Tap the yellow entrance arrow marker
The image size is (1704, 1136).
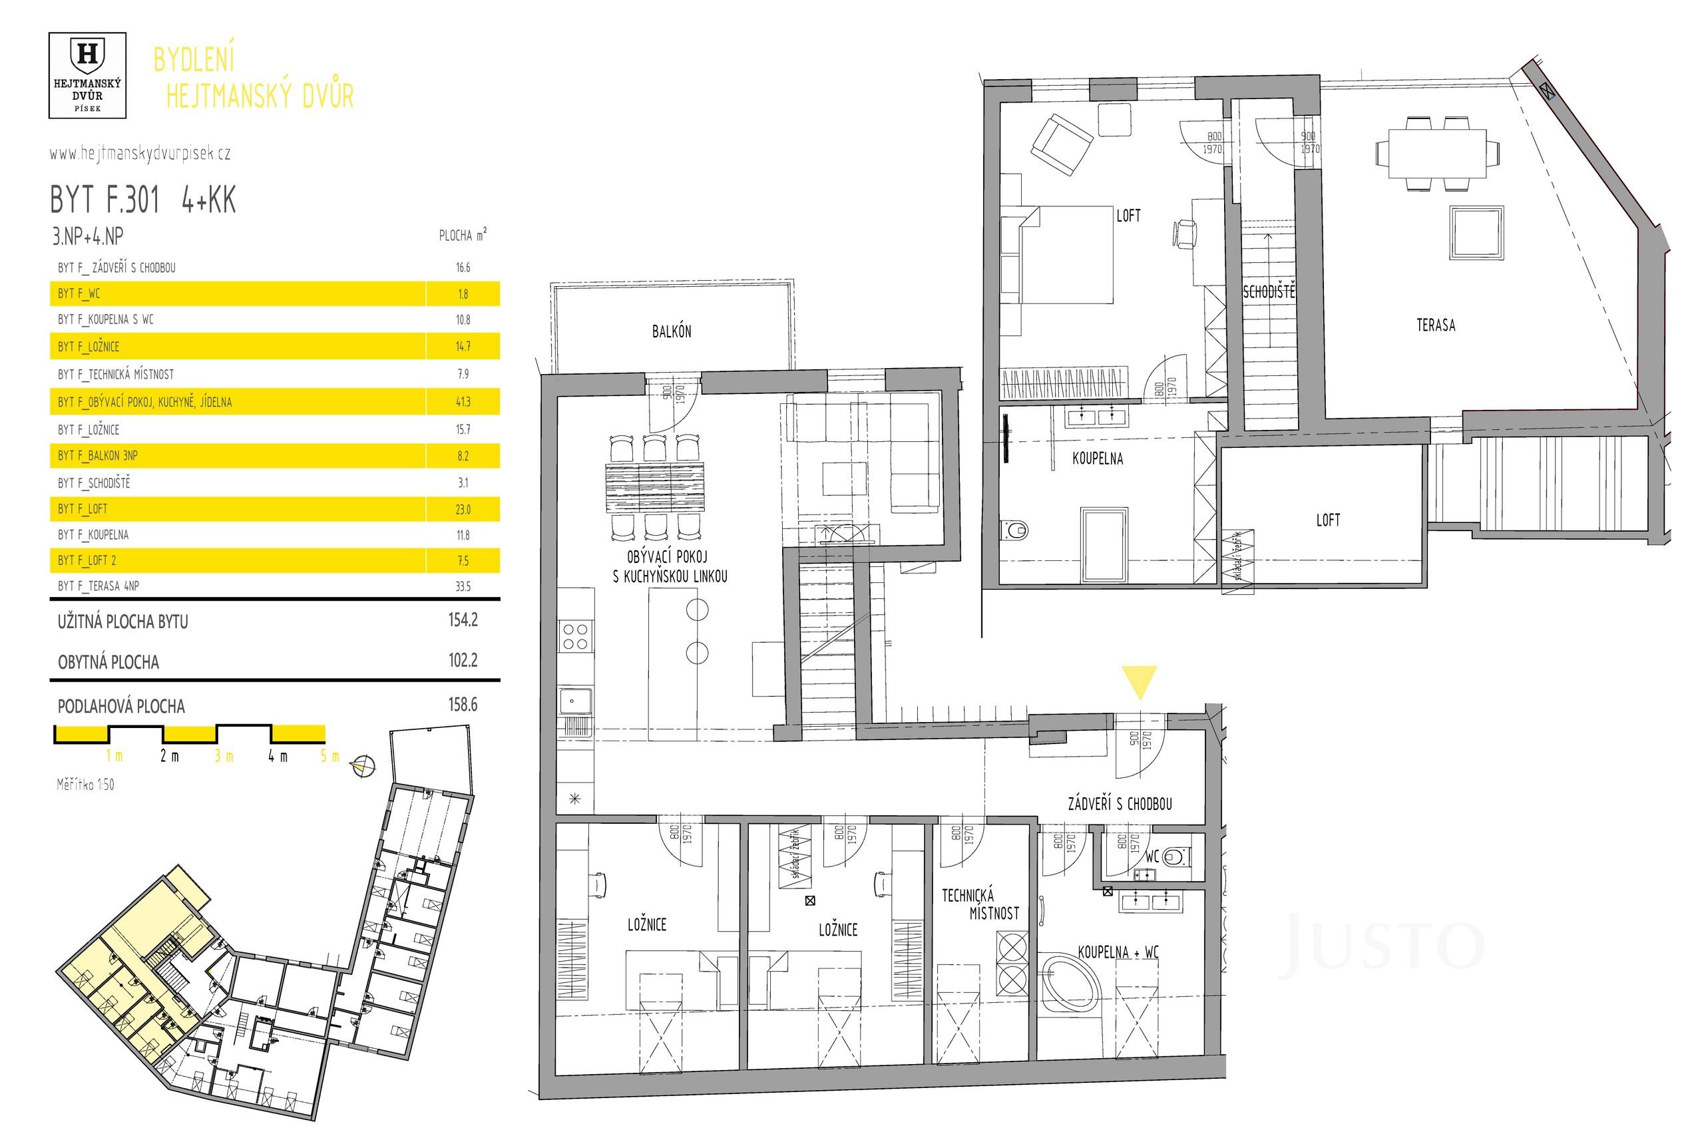pyautogui.click(x=1139, y=681)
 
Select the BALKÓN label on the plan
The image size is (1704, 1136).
pyautogui.click(x=672, y=332)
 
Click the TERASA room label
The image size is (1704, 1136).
pyautogui.click(x=1435, y=325)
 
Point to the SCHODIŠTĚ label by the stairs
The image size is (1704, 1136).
pyautogui.click(x=1269, y=293)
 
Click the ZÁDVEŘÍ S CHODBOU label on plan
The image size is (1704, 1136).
pyautogui.click(x=1120, y=803)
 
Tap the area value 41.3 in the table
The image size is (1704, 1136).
pyautogui.click(x=463, y=402)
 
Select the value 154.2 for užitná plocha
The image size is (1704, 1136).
pyautogui.click(x=463, y=620)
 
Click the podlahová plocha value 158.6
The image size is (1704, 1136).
pyautogui.click(x=463, y=705)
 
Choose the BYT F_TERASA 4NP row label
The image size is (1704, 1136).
pyautogui.click(x=99, y=586)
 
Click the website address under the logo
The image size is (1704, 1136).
pyautogui.click(x=140, y=154)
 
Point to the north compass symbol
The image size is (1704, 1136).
pyautogui.click(x=363, y=766)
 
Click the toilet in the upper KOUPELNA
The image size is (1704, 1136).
pyautogui.click(x=1014, y=530)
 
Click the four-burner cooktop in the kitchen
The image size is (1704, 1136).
pyautogui.click(x=576, y=637)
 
